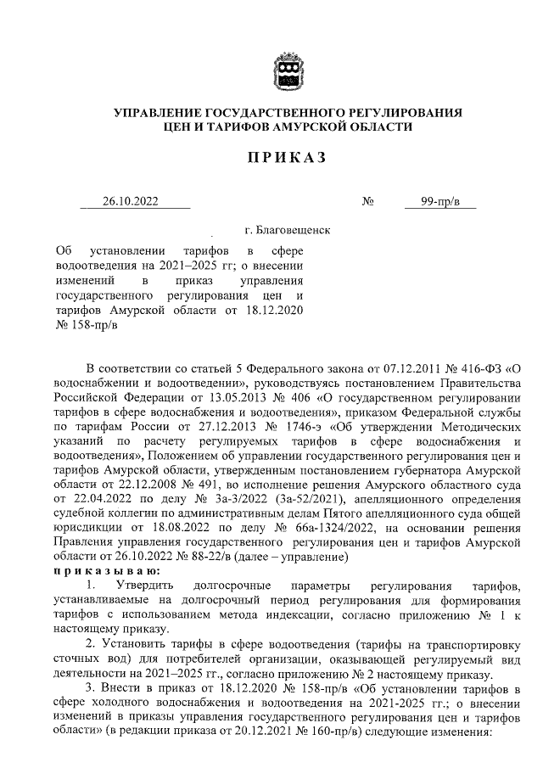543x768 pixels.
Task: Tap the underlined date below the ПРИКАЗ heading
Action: point(135,201)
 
